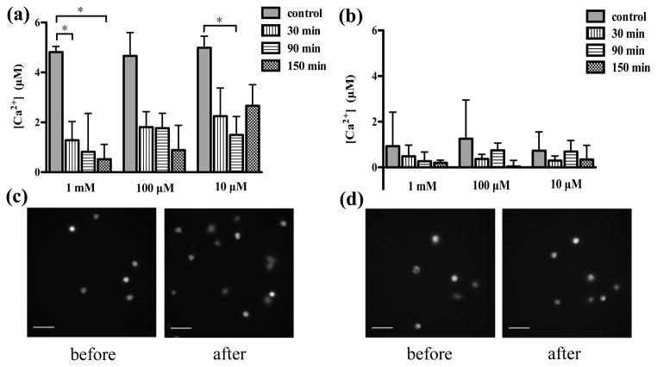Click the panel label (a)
point(18,13)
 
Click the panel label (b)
point(351,13)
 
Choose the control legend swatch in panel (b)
point(597,17)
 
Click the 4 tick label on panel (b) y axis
point(373,76)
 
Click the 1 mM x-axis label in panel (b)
point(416,183)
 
